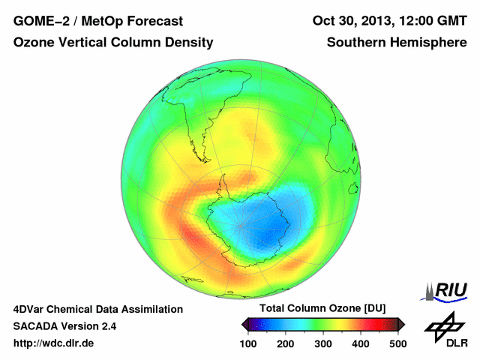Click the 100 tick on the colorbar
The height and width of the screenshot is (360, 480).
pyautogui.click(x=248, y=343)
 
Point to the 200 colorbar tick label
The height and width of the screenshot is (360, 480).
pyautogui.click(x=286, y=343)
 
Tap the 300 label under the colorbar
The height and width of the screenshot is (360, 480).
pyautogui.click(x=323, y=343)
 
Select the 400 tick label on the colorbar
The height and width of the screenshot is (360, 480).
pyautogui.click(x=361, y=343)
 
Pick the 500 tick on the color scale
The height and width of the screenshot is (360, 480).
pyautogui.click(x=397, y=343)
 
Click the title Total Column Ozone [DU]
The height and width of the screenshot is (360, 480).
pyautogui.click(x=322, y=309)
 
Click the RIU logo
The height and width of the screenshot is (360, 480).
pyautogui.click(x=445, y=291)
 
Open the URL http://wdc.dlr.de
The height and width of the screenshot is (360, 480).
pyautogui.click(x=54, y=343)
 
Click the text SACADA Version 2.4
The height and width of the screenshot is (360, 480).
pyautogui.click(x=64, y=326)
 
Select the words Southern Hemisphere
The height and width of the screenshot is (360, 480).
pyautogui.click(x=397, y=43)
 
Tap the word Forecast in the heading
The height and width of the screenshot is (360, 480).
pyautogui.click(x=150, y=20)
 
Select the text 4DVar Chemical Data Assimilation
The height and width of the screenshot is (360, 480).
pyautogui.click(x=98, y=309)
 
